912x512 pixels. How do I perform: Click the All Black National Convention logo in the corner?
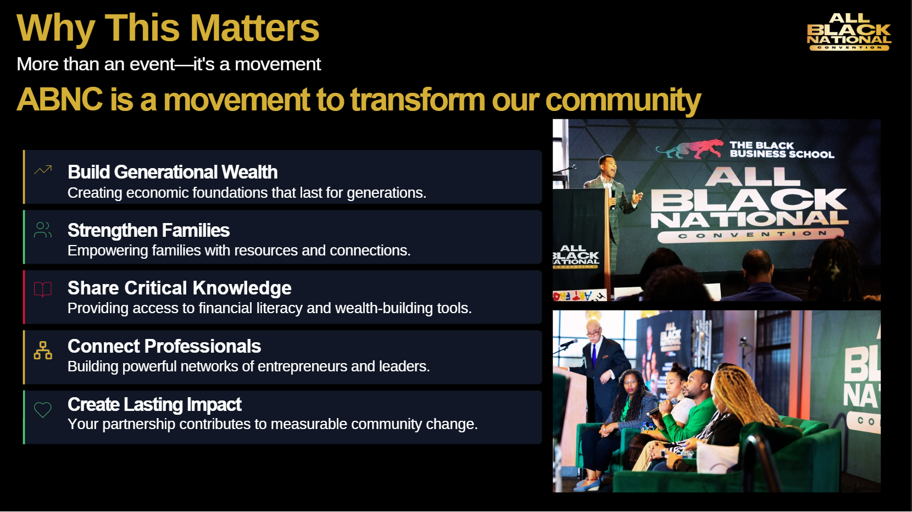point(849,32)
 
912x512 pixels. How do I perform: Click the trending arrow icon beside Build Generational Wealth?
point(43,170)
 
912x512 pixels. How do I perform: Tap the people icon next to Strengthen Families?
point(43,230)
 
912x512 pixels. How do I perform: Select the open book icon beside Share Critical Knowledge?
point(43,290)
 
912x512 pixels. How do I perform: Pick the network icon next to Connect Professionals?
point(43,350)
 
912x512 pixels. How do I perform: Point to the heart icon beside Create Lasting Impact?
point(43,410)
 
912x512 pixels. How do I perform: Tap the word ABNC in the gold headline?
point(60,99)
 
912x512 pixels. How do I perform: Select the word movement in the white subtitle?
point(277,64)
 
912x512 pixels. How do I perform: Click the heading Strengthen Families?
point(148,230)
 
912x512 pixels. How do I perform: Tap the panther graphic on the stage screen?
point(689,148)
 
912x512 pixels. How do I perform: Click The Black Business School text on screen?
point(782,149)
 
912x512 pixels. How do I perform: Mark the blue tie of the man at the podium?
point(594,356)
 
